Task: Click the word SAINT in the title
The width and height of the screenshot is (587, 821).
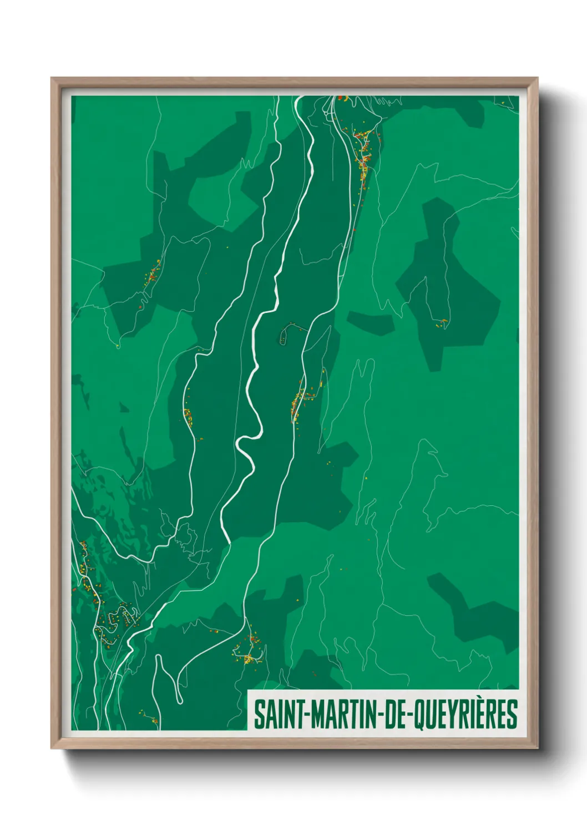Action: pyautogui.click(x=275, y=715)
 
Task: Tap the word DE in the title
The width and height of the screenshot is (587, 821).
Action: pyautogui.click(x=396, y=715)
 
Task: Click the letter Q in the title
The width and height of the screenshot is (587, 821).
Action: pyautogui.click(x=423, y=716)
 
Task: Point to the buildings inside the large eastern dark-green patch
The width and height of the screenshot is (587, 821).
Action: pyautogui.click(x=442, y=323)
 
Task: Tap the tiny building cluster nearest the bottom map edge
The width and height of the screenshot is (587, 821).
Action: pyautogui.click(x=150, y=718)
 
